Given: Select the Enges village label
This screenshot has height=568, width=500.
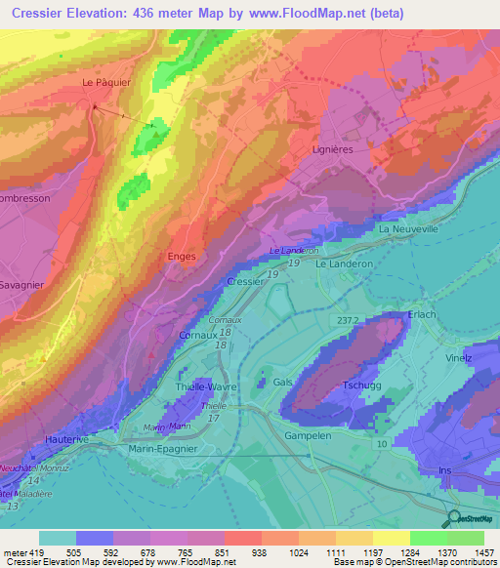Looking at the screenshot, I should pyautogui.click(x=183, y=257).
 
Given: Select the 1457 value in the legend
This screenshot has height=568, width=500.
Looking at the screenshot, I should pyautogui.click(x=484, y=551).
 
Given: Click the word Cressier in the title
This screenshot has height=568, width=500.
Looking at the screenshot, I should pyautogui.click(x=51, y=12).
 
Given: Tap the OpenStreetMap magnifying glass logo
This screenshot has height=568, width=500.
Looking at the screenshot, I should pyautogui.click(x=452, y=518).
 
